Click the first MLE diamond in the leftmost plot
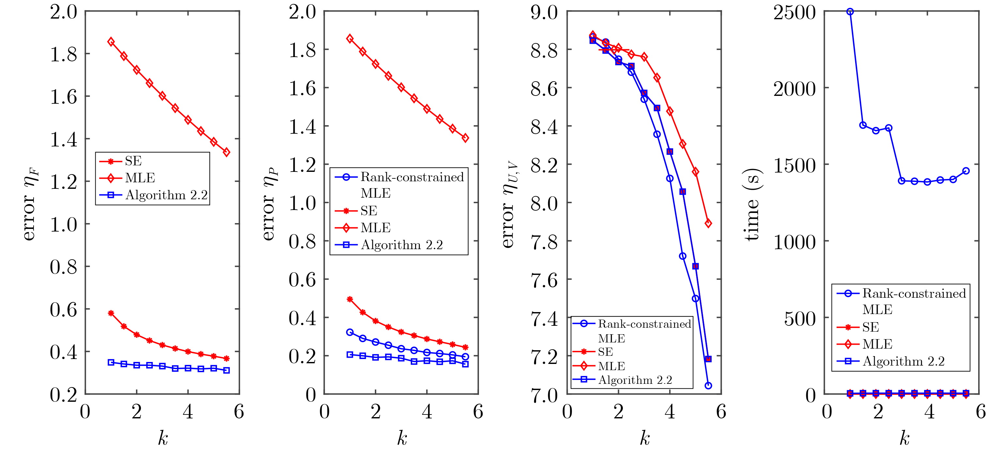tap(111, 42)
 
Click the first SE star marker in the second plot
tap(350, 299)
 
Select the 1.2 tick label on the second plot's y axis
tap(302, 165)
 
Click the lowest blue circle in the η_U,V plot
tap(708, 385)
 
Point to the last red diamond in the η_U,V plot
tap(708, 223)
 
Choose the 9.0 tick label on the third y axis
tap(544, 13)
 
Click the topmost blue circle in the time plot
tap(850, 12)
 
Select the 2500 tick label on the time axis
tap(794, 13)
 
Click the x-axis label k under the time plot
tap(904, 439)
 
